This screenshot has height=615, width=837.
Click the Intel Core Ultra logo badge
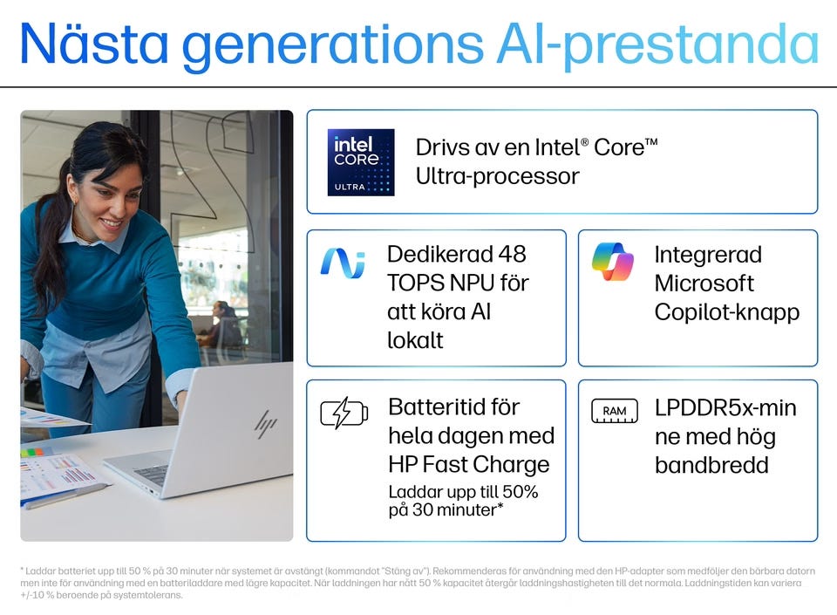[x=361, y=162]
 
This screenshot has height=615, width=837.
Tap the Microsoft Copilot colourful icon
[x=613, y=262]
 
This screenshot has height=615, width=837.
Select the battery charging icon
[x=344, y=413]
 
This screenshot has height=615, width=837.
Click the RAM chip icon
[x=615, y=411]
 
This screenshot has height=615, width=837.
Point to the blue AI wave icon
[x=343, y=263]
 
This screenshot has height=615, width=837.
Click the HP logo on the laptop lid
[x=265, y=425]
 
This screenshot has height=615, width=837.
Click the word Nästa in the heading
[x=94, y=44]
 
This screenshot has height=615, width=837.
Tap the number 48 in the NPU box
[x=512, y=254]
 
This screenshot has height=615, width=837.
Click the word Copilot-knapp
[x=726, y=313]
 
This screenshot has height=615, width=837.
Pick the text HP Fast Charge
[x=469, y=464]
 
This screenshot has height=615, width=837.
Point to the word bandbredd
[x=711, y=465]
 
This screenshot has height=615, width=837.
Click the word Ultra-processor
[x=497, y=177]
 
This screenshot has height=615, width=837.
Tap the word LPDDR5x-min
[x=725, y=408]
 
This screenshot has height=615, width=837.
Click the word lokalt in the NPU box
[x=415, y=340]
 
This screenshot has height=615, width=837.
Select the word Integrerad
[x=708, y=256]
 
